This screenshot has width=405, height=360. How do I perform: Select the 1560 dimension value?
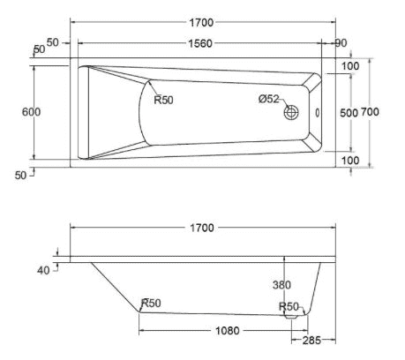click(x=201, y=42)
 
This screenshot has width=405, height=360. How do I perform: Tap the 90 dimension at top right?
click(x=341, y=42)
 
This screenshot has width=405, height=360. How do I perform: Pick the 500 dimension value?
click(x=349, y=113)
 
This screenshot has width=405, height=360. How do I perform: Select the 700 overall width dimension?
click(x=370, y=113)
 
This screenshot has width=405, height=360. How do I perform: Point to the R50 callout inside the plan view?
click(x=163, y=100)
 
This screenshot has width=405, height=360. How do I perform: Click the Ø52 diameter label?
click(x=269, y=100)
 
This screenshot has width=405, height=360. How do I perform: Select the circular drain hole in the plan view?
click(x=291, y=113)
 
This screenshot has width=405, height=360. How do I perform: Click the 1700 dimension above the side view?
click(x=201, y=228)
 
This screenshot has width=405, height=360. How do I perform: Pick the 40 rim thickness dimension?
click(x=43, y=270)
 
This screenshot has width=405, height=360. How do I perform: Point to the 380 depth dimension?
click(x=282, y=285)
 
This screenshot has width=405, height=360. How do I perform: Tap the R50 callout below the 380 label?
click(x=288, y=306)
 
